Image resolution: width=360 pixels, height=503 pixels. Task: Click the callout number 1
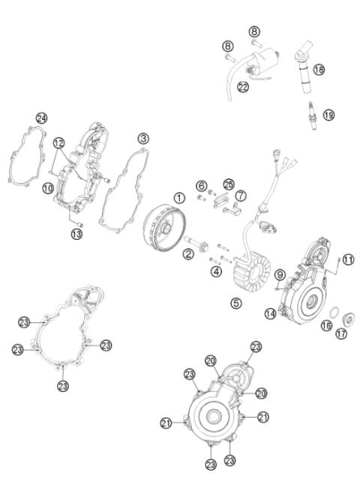(x=179, y=198)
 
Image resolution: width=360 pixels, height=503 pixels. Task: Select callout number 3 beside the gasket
(x=142, y=139)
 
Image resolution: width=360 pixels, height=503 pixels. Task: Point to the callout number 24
(x=41, y=118)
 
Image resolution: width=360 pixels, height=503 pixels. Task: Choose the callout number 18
(x=319, y=70)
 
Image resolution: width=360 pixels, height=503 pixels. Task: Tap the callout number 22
(x=243, y=87)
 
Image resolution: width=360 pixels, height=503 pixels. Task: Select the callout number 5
(x=236, y=304)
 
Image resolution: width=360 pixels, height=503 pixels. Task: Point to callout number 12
(x=58, y=143)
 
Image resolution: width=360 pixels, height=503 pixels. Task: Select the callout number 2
(x=189, y=255)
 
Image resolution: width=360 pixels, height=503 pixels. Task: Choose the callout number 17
(x=342, y=334)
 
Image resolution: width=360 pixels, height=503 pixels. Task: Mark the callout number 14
(x=271, y=315)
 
